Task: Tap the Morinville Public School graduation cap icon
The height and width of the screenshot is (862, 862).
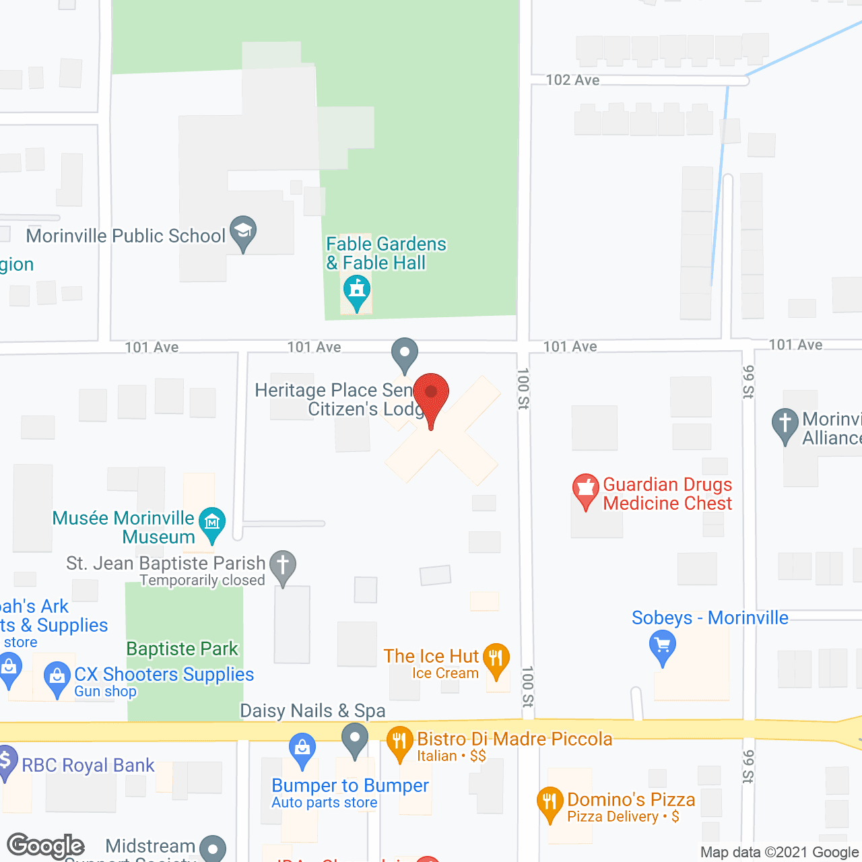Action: point(243,232)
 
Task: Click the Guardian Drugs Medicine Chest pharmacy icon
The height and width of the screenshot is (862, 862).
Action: point(586,490)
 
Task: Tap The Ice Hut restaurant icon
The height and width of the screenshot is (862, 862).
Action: point(496,658)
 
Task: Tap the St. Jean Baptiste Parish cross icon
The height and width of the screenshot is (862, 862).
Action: point(283,566)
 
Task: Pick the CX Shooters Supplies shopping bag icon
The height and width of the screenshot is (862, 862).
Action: point(57,677)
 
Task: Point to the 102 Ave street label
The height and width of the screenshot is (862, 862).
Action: point(572,80)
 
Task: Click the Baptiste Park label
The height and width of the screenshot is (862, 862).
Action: point(183,649)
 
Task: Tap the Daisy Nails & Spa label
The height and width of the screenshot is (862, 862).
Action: point(312,710)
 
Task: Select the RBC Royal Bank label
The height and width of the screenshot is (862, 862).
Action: point(88,765)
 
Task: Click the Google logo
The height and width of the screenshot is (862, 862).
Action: point(45,846)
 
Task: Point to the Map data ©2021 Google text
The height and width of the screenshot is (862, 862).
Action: point(780,853)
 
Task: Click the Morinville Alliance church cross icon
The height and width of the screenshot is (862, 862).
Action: point(785,424)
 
